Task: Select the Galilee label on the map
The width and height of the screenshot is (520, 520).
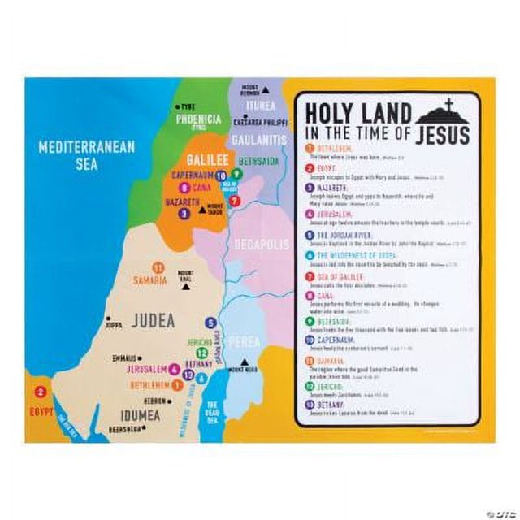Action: coord(207,159)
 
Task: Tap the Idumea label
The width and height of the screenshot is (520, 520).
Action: coord(141,416)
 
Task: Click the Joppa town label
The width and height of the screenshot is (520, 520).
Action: coord(114,327)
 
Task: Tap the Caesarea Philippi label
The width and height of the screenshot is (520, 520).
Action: coord(259,122)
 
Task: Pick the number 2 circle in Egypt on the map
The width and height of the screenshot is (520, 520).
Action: coord(40,393)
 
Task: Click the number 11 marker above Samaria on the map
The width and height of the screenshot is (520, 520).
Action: coord(158,267)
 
